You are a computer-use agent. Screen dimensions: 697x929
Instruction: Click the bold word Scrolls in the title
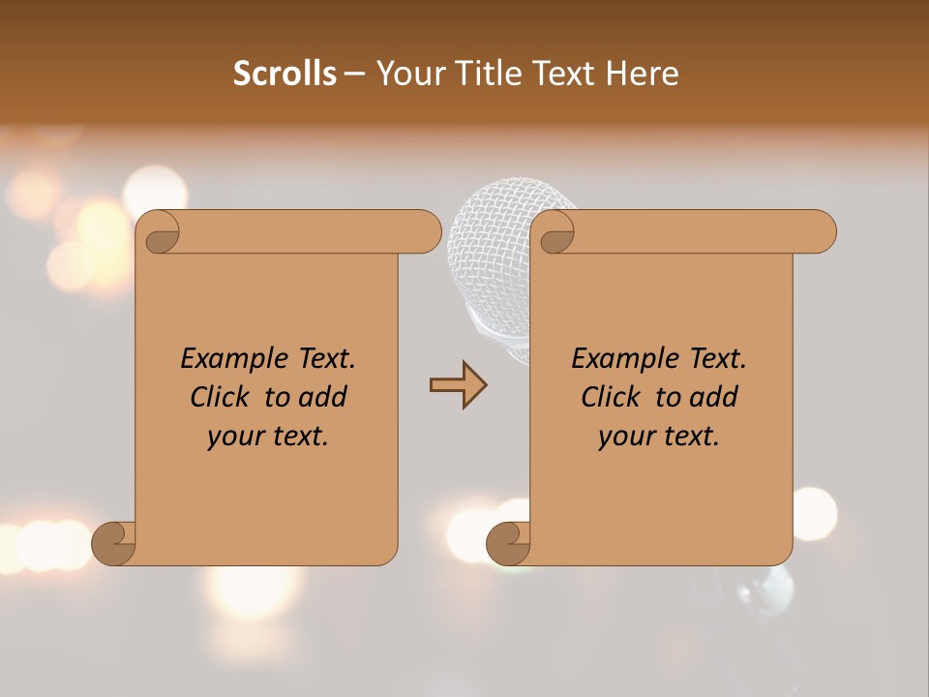pos(285,74)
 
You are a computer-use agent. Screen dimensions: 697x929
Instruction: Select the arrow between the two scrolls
pos(458,385)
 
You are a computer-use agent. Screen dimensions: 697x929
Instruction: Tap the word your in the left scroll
pos(235,437)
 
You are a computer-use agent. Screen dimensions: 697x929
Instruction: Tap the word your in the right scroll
pos(626,437)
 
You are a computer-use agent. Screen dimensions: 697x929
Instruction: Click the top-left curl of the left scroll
pos(161,232)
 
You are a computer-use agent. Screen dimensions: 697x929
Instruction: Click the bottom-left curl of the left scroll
pos(114,542)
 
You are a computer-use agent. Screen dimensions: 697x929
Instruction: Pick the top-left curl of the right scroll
pos(555,232)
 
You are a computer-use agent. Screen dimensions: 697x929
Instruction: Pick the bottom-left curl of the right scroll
pos(509,542)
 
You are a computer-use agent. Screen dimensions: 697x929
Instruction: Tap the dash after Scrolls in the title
pos(354,74)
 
